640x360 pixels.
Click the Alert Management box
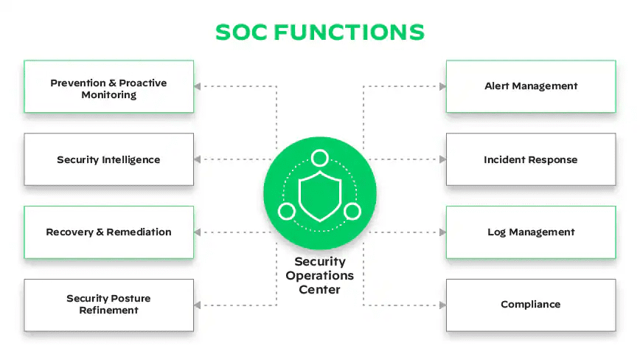(531, 86)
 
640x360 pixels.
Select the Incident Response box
(531, 159)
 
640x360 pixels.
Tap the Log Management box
(531, 232)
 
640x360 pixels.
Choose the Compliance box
(531, 304)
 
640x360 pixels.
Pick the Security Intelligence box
(108, 159)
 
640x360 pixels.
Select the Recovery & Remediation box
(108, 232)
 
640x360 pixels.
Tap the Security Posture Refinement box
(108, 304)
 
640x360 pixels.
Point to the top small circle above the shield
(319, 158)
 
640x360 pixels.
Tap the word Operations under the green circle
(320, 276)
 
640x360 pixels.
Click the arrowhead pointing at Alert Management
(442, 86)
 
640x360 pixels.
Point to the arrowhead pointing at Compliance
(442, 304)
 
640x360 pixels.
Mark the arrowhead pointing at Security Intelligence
(198, 159)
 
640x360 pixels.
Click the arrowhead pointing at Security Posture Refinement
(198, 304)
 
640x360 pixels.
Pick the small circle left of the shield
(287, 212)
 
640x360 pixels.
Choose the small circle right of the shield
(352, 212)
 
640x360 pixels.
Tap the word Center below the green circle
(320, 290)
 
